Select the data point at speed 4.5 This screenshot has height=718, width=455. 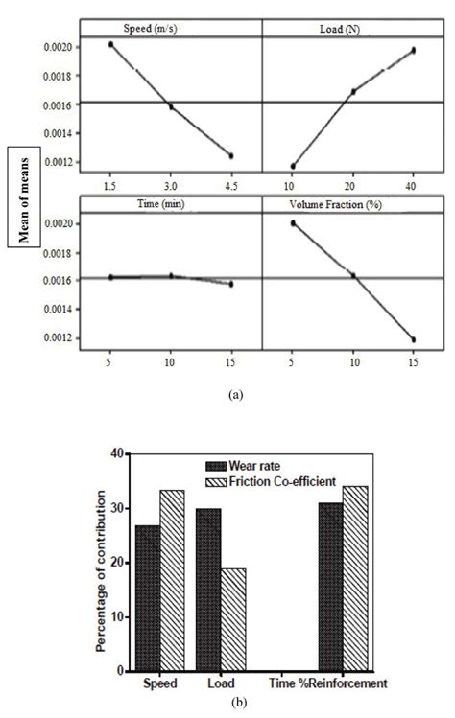[231, 155]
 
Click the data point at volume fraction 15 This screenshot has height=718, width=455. [413, 339]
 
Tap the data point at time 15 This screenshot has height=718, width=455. [231, 284]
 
